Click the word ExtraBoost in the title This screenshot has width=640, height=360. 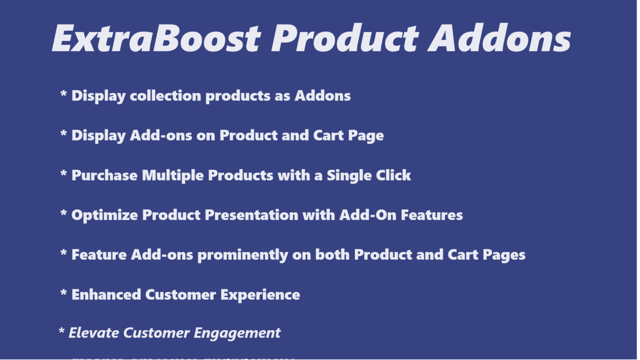coord(156,38)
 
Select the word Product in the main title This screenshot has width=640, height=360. coord(345,38)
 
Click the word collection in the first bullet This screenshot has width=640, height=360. coord(165,96)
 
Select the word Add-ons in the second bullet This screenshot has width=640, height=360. coord(161,136)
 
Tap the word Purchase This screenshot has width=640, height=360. coord(104,176)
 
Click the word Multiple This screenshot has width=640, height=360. coord(173,176)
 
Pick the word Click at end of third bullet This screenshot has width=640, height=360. coord(393,176)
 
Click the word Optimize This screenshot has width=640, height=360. coord(104,215)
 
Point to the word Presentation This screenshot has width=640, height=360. coord(251,215)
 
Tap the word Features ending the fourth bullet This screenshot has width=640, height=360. coord(432,215)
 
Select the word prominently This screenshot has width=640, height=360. coord(242,255)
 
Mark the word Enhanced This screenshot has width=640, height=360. coord(106,295)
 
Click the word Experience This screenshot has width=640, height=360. coord(260,295)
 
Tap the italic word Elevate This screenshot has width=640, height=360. coord(94,333)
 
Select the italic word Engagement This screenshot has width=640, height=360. coord(237,333)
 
